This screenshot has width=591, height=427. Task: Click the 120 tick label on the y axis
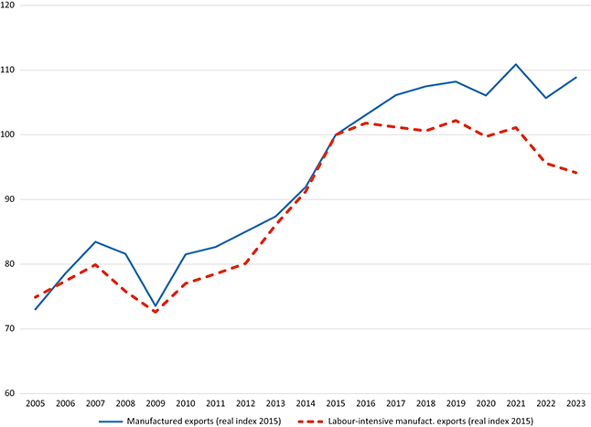pos(9,5)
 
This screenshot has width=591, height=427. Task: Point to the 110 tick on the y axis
pos(9,70)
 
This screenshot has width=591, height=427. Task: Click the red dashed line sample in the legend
pos(311,420)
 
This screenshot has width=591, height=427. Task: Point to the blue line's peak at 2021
pos(516,64)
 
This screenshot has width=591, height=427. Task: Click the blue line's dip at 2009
pos(156,305)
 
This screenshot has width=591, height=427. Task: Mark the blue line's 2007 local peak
pos(96,241)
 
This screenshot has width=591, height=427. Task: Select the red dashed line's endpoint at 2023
pos(575,173)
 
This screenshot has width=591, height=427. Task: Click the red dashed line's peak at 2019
pos(456,121)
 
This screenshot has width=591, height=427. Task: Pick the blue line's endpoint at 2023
pos(575,77)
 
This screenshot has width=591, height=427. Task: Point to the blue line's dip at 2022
pos(545,98)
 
